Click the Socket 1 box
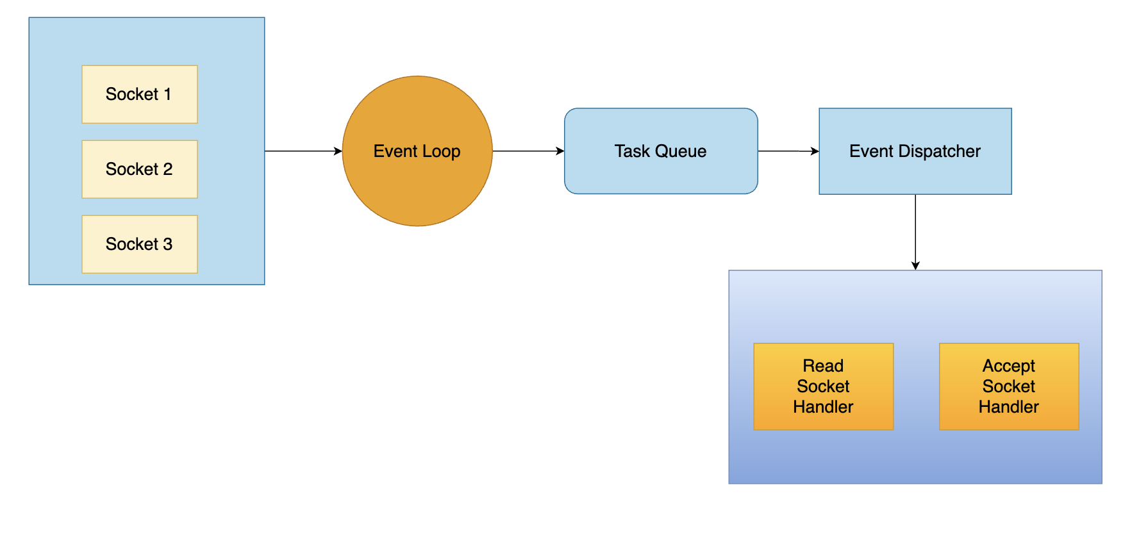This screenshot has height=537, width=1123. tap(139, 94)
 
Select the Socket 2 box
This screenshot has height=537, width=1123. tap(139, 169)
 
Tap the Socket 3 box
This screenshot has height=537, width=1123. tap(139, 244)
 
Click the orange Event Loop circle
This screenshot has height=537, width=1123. tap(417, 186)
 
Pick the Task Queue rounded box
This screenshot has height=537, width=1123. tap(661, 173)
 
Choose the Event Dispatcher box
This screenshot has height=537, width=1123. tap(915, 173)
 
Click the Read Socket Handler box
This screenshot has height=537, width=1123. tap(823, 386)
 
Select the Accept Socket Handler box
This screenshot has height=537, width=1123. tap(1009, 386)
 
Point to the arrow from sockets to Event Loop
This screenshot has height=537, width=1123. tap(301, 151)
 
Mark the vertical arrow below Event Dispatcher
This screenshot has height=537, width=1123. tap(915, 231)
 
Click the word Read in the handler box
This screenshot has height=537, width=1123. tap(823, 366)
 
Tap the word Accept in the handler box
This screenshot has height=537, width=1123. tap(1009, 366)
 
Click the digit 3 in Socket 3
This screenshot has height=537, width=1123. tap(167, 244)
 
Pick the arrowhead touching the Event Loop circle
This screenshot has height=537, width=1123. tap(338, 151)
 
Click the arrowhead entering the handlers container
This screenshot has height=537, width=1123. tap(915, 265)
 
